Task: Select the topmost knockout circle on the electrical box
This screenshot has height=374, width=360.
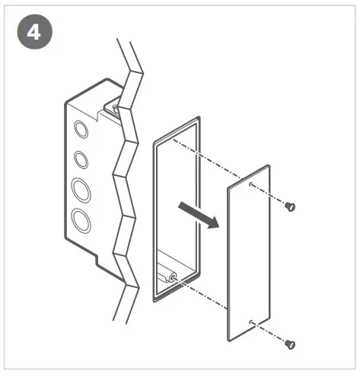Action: pos(80,130)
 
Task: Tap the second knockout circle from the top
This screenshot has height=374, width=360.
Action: pos(80,160)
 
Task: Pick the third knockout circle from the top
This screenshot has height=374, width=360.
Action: pos(80,187)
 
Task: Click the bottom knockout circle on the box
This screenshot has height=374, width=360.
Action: pos(80,220)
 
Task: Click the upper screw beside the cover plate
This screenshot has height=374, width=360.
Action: pos(289,206)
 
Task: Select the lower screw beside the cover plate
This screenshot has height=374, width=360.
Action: pos(289,344)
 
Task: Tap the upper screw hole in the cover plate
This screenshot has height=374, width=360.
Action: pos(251,183)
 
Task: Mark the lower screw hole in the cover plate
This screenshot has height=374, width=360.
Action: pos(251,322)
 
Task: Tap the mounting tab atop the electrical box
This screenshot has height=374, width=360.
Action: pos(112,106)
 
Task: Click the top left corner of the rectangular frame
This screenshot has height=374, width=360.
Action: pos(155,142)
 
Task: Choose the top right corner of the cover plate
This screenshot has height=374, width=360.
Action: pos(268,165)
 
